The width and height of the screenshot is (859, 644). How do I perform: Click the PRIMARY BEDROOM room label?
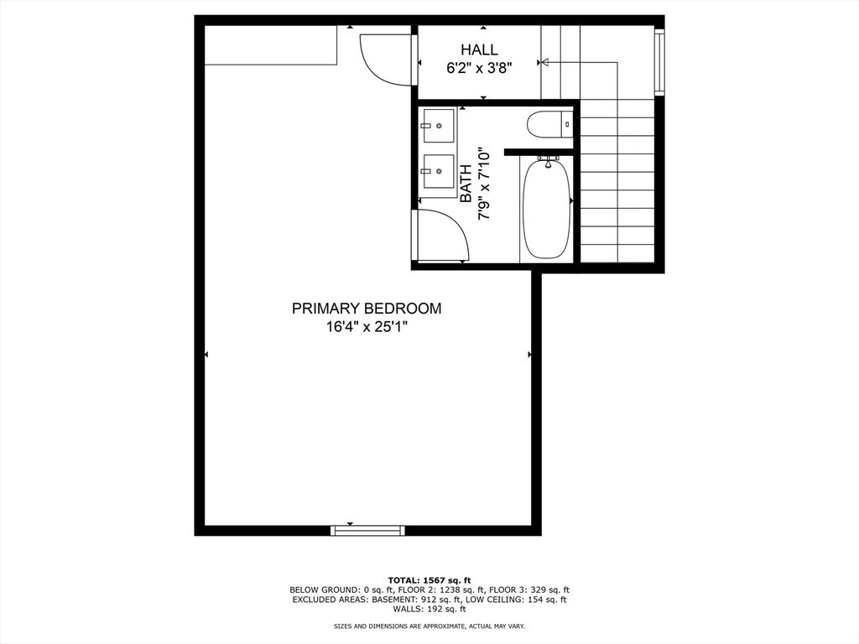pos(366,309)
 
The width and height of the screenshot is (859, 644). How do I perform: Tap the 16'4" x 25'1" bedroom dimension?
pos(366,328)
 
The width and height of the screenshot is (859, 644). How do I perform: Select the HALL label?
pos(478,50)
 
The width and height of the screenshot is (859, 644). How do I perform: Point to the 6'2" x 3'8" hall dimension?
pos(478,68)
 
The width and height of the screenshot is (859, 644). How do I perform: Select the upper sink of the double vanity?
pos(437,127)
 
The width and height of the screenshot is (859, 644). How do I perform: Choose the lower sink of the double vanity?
pos(437,172)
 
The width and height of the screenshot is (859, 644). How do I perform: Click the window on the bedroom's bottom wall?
pos(367,530)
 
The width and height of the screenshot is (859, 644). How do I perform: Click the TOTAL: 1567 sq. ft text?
pos(429,580)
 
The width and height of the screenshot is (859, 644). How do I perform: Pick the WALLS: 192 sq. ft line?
pos(429,609)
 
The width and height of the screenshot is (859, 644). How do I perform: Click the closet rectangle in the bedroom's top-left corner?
pos(270,44)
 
